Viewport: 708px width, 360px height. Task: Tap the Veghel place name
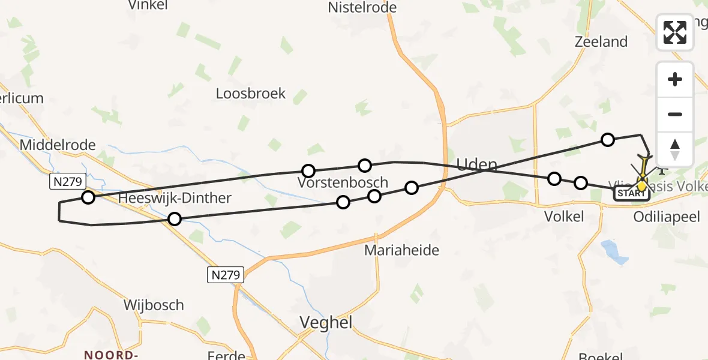(x=326, y=322)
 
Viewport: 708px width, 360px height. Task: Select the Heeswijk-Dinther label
(x=175, y=198)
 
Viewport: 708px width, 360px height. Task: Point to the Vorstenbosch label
(x=343, y=182)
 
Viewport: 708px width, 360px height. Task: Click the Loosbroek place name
(x=251, y=94)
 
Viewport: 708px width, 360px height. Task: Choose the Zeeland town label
(x=601, y=42)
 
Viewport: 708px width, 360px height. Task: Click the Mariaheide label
(x=401, y=250)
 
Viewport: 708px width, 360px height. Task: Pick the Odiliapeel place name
(x=666, y=217)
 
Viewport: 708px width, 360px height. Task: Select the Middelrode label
(x=58, y=145)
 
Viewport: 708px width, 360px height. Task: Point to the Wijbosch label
(x=154, y=305)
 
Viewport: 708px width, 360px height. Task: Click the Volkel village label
(x=565, y=217)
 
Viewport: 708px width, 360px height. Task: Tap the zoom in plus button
(x=675, y=80)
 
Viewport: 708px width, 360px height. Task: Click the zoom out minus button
(x=675, y=115)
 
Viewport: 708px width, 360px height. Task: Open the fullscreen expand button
(x=675, y=32)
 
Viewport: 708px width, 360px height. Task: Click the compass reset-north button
(x=675, y=149)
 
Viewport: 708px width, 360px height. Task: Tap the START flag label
(x=631, y=194)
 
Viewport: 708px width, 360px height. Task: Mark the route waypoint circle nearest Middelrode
(x=88, y=197)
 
